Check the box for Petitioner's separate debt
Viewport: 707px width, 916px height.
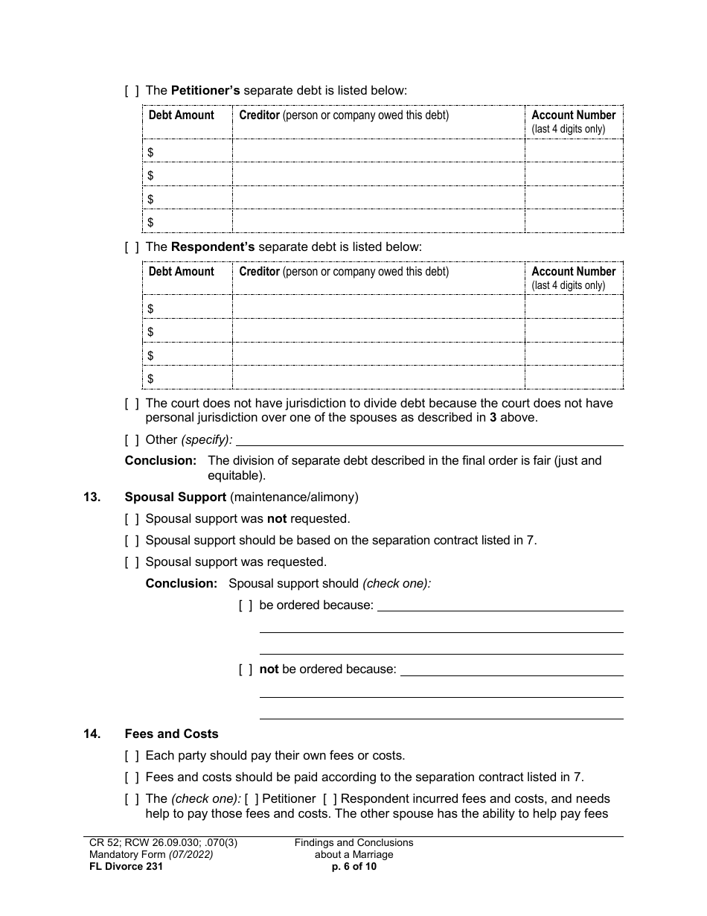[x=132, y=91]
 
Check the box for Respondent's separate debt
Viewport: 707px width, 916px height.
[x=132, y=247]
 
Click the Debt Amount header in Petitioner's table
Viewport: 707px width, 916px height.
[x=181, y=115]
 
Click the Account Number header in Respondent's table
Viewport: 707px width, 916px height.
[x=573, y=272]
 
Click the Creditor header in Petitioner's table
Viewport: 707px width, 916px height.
[x=259, y=115]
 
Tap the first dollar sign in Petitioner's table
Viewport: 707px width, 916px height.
[x=151, y=152]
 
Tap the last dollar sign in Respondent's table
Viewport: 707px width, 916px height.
[x=151, y=378]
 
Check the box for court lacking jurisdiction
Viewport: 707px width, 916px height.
[x=132, y=403]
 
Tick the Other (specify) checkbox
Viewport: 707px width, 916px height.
[x=132, y=439]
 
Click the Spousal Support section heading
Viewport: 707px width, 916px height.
[x=176, y=497]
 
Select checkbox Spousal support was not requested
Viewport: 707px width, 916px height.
[x=132, y=518]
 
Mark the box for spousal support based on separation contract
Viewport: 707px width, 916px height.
[x=132, y=540]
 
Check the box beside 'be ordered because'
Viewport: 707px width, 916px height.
[x=246, y=605]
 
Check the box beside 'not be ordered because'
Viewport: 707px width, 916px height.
[x=246, y=669]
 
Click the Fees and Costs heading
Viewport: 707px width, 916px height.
[x=172, y=734]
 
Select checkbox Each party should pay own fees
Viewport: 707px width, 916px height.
[x=132, y=755]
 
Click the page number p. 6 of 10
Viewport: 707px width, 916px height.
[x=354, y=866]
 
